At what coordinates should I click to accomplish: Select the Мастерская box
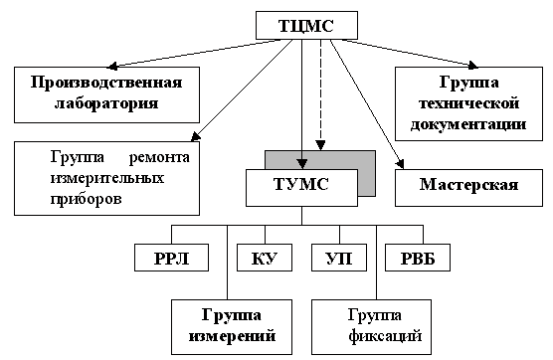click(x=468, y=185)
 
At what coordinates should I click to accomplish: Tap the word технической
click(x=467, y=104)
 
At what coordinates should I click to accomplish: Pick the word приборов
click(x=86, y=198)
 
